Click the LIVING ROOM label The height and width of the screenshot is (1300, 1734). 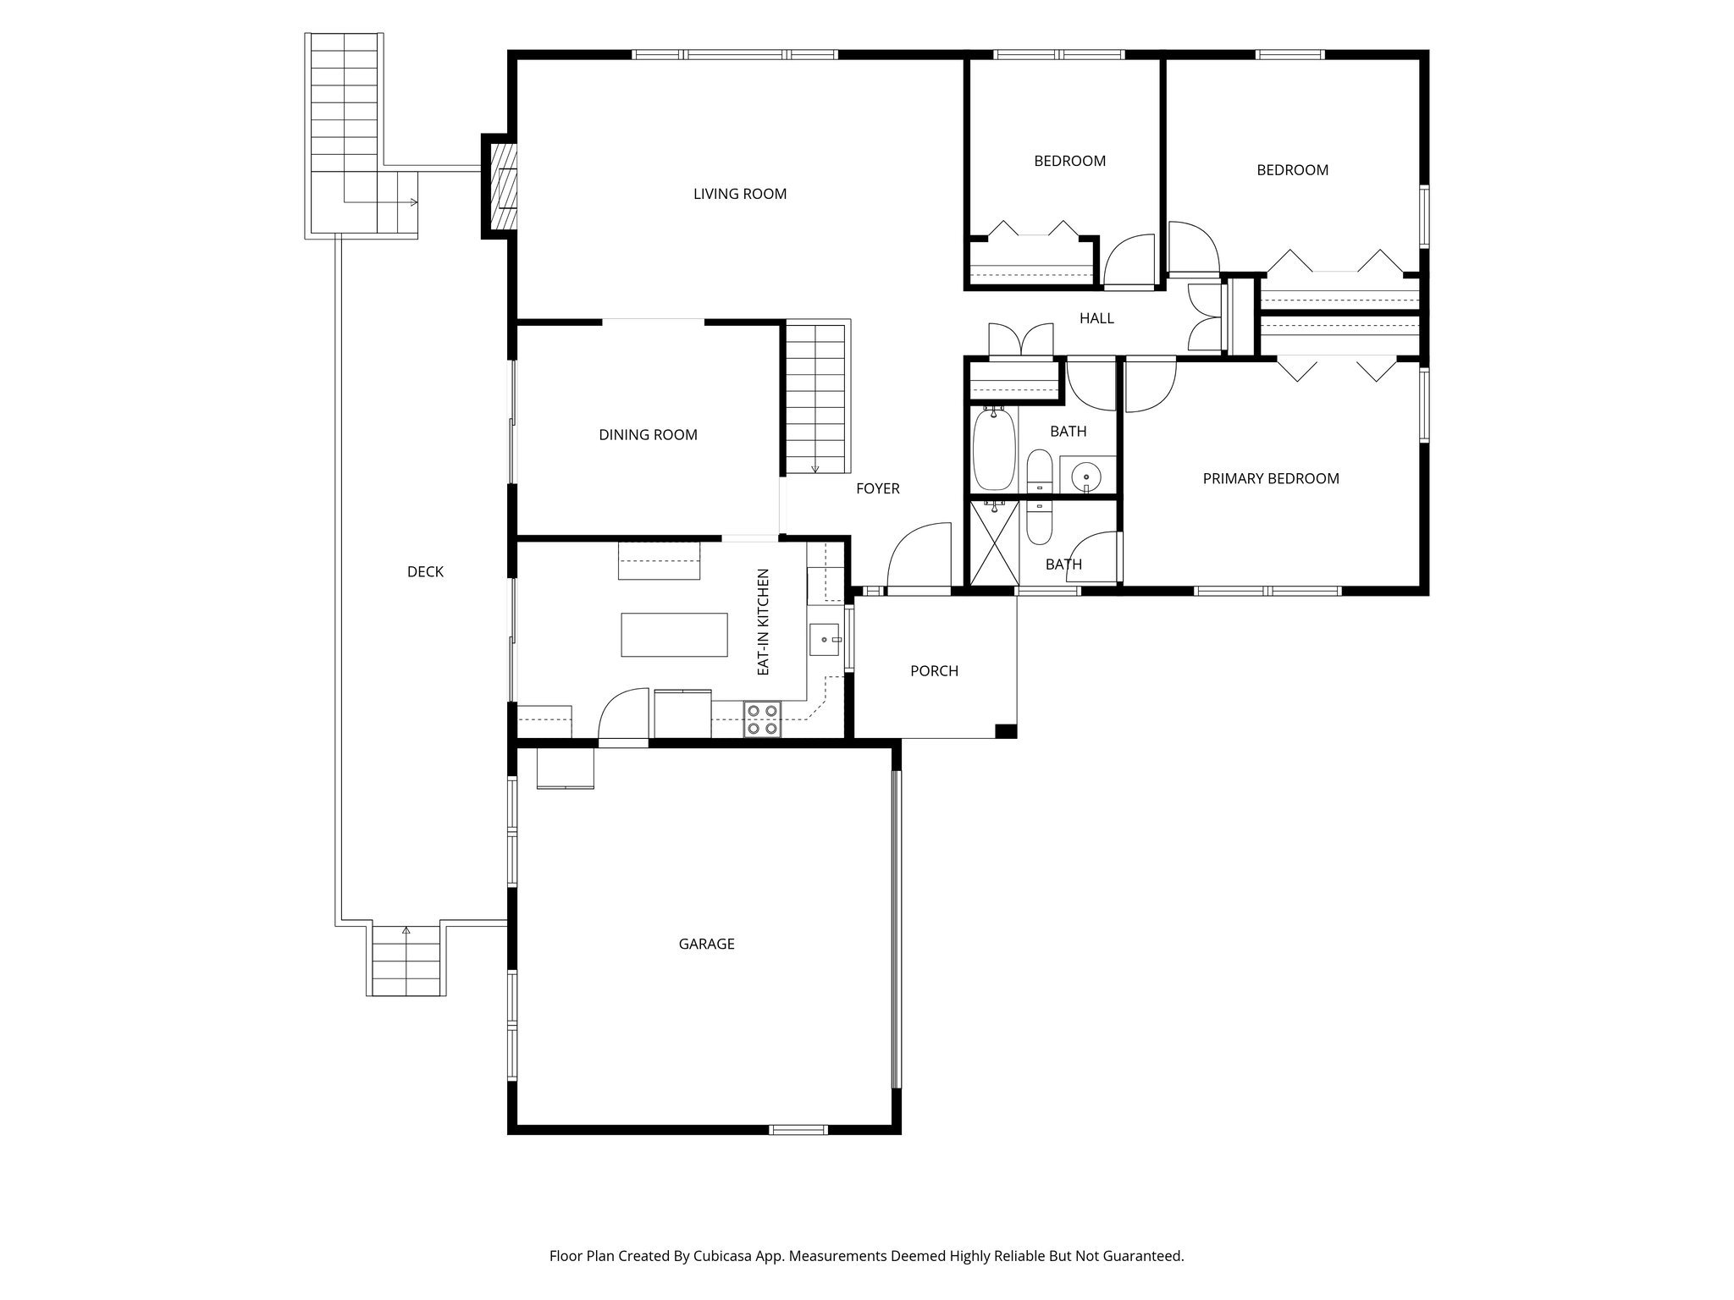[740, 194]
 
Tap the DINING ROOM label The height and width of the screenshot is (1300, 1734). [648, 435]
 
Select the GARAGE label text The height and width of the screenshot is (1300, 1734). [706, 944]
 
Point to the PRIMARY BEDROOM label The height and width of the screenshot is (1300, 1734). [1270, 479]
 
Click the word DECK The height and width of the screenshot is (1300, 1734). [425, 572]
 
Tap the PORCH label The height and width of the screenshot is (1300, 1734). [934, 671]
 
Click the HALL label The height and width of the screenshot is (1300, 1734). [1096, 318]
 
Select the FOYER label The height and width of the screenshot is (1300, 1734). [877, 488]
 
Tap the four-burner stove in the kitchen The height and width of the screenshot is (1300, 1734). [761, 719]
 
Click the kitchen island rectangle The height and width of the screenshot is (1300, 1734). [674, 635]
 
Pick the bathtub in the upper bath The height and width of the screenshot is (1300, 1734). [993, 449]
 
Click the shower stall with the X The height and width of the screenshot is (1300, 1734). [994, 542]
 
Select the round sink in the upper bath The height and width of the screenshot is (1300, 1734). [1086, 477]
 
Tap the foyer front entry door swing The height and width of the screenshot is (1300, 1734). [920, 554]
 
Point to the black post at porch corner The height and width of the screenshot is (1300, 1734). [1005, 731]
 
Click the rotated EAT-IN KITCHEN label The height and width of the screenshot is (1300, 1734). [763, 621]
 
